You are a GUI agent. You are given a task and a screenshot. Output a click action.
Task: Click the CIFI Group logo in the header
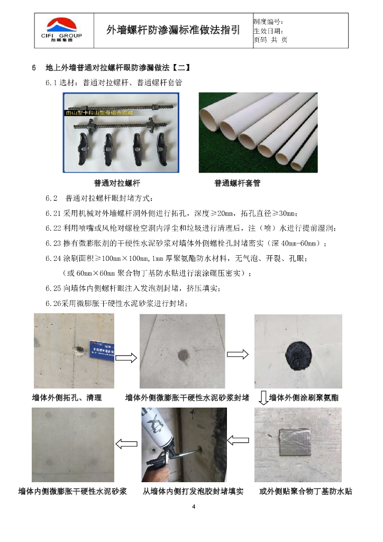pyautogui.click(x=61, y=30)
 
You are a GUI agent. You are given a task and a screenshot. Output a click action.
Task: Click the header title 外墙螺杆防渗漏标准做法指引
pyautogui.click(x=173, y=30)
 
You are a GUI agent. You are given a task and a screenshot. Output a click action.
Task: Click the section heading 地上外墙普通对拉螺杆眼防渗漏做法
pyautogui.click(x=107, y=67)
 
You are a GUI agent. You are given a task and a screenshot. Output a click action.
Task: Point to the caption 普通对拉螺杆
pyautogui.click(x=117, y=183)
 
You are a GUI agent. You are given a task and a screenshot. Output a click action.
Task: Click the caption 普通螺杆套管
pyautogui.click(x=238, y=183)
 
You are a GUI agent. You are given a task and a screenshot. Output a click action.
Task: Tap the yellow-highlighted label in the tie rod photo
pyautogui.click(x=99, y=113)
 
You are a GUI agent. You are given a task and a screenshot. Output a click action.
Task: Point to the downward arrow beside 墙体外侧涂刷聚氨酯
pyautogui.click(x=263, y=398)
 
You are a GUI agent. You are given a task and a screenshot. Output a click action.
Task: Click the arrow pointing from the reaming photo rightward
pyautogui.click(x=126, y=357)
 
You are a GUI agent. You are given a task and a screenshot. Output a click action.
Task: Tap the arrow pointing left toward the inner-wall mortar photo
pyautogui.click(x=126, y=444)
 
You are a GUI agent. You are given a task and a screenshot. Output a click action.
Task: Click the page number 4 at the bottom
pyautogui.click(x=194, y=507)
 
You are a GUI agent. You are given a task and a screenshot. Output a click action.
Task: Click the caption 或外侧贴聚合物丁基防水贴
pyautogui.click(x=306, y=491)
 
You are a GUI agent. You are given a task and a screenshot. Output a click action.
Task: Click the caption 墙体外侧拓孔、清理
pyautogui.click(x=67, y=398)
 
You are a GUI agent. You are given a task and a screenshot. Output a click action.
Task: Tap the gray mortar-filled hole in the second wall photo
pyautogui.click(x=183, y=355)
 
